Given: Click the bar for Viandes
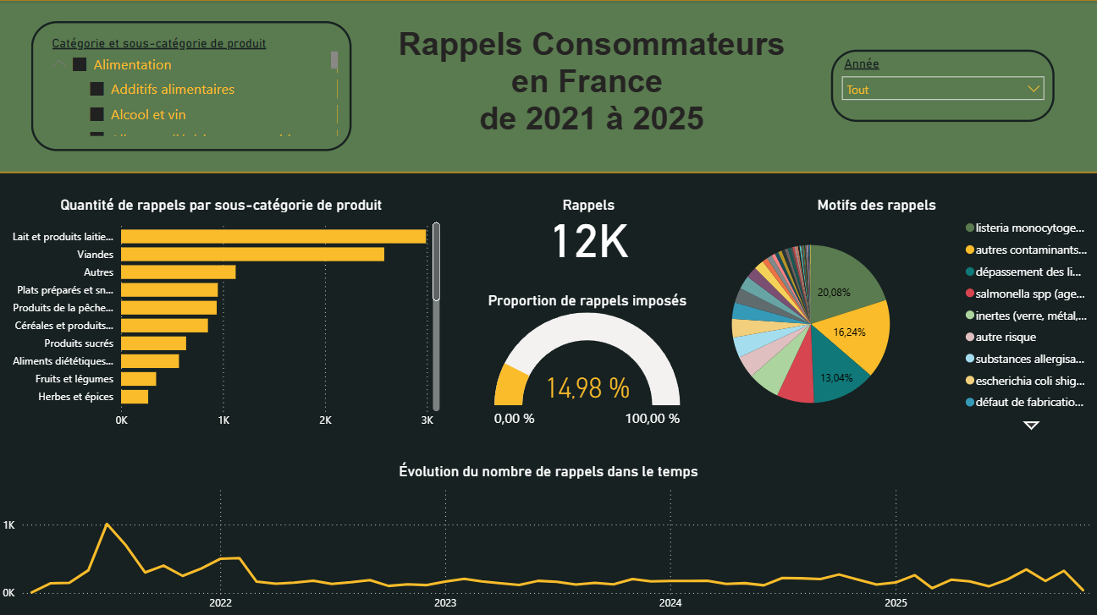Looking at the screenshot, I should (x=252, y=255).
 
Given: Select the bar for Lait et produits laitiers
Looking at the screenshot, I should (x=273, y=237).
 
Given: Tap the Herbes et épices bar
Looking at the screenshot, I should (x=135, y=397).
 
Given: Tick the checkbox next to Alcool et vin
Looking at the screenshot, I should (x=97, y=114).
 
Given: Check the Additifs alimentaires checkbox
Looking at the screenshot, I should (x=97, y=90).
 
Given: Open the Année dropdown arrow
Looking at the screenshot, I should (x=1033, y=89).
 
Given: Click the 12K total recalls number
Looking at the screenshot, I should (x=589, y=242).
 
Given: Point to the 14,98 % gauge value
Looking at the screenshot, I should (x=587, y=388).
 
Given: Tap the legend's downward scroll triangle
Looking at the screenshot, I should (x=1031, y=426).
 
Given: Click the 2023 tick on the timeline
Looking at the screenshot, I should (x=445, y=603).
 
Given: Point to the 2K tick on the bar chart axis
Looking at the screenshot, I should (x=325, y=420).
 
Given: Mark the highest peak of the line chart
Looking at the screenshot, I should (x=107, y=524).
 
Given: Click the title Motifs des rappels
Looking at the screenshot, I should (x=876, y=205).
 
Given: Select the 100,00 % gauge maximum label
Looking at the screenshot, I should (x=652, y=419).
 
